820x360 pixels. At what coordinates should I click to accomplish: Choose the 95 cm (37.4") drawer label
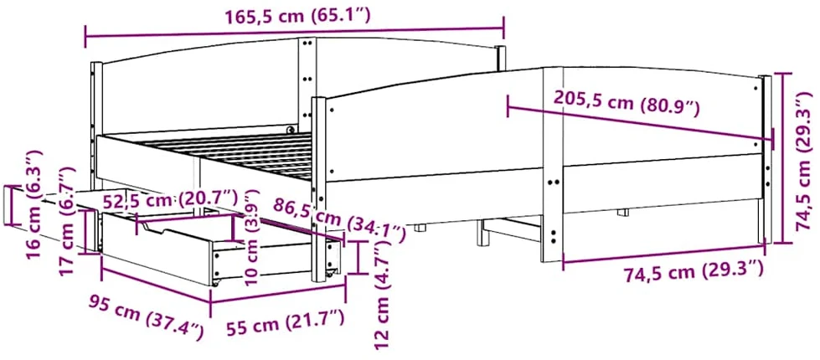tap(146, 316)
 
